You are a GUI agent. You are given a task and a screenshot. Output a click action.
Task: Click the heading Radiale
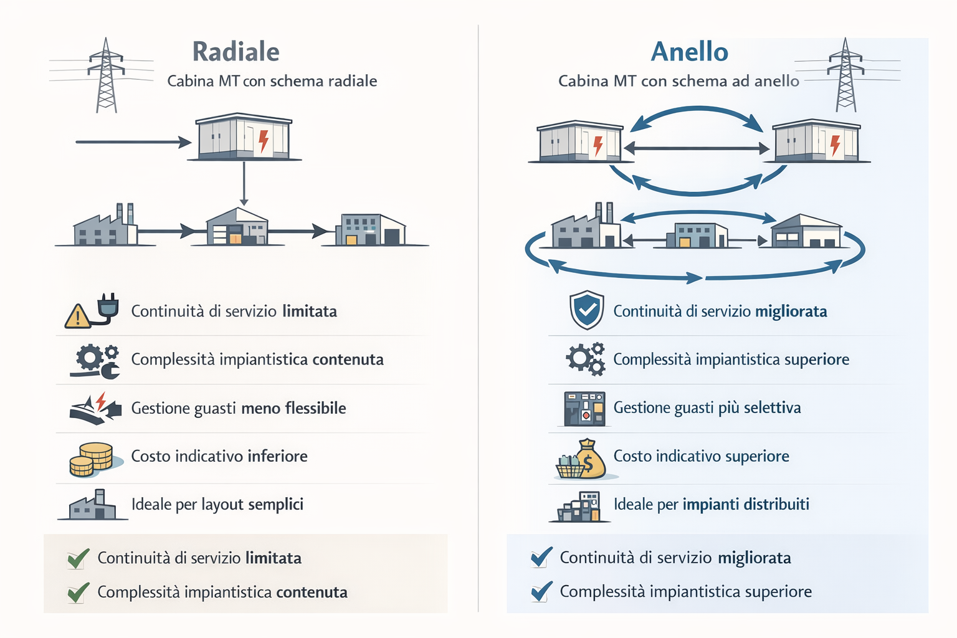[236, 52]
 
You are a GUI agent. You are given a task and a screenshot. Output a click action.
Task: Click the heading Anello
[689, 52]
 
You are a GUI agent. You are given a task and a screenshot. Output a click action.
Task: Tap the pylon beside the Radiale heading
[107, 75]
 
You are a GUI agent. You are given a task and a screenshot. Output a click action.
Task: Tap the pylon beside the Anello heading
[845, 75]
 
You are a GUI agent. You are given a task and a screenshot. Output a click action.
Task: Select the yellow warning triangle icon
[77, 317]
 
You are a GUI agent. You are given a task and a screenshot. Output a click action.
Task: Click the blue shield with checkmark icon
[587, 310]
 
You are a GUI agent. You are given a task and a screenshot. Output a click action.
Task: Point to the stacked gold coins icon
[92, 459]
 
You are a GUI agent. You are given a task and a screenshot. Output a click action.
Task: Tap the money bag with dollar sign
[590, 459]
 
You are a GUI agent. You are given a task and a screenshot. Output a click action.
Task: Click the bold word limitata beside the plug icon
[310, 311]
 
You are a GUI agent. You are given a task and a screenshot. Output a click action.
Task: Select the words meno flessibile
[293, 408]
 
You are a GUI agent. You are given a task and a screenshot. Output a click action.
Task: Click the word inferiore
[278, 457]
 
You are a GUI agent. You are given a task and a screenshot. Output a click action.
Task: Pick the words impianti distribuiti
[746, 504]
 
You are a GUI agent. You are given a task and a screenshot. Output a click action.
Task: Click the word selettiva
[773, 407]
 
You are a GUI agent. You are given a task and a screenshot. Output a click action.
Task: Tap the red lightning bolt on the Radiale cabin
[264, 141]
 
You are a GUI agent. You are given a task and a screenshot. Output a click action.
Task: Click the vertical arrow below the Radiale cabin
[244, 183]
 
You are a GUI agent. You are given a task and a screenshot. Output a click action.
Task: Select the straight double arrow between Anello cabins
[697, 148]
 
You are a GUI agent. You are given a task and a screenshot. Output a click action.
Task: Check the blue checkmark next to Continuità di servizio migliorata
[541, 557]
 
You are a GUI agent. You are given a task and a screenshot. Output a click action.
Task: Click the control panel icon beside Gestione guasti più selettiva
[584, 409]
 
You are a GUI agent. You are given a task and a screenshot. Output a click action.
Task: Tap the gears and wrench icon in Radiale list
[95, 361]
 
